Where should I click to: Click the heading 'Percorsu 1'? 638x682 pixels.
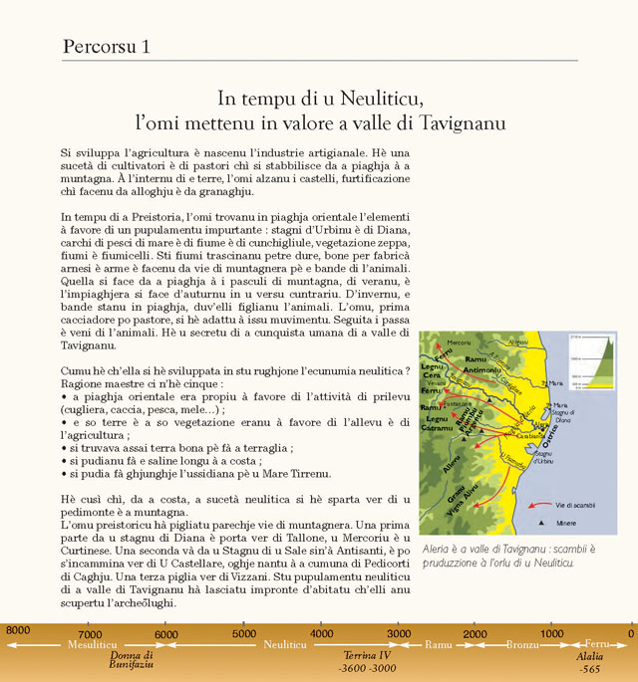point(107,46)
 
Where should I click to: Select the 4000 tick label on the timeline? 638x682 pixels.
point(321,633)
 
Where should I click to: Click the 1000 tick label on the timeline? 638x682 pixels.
point(552,633)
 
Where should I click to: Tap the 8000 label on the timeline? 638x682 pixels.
point(17,631)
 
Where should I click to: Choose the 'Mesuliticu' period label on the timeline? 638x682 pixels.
point(92,646)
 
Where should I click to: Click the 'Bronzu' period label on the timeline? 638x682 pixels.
point(521,646)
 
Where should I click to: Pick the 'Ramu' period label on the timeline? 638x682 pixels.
point(439,646)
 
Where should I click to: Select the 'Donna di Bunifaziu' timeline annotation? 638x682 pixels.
point(131,661)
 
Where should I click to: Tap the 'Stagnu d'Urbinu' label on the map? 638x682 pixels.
point(544,456)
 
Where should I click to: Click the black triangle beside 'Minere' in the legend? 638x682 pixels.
point(541,522)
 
